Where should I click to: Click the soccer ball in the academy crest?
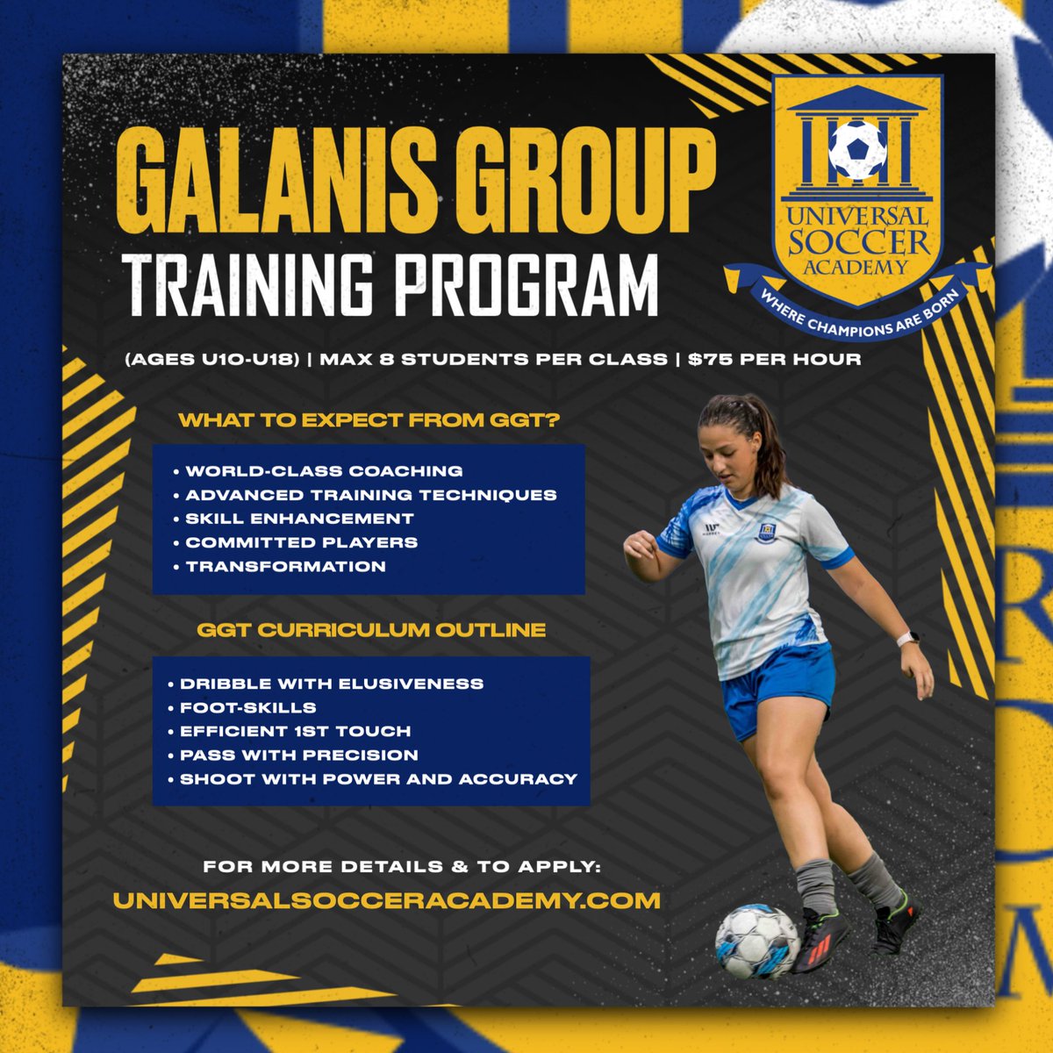point(857,150)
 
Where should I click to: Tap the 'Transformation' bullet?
point(286,566)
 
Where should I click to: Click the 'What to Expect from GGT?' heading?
point(369,420)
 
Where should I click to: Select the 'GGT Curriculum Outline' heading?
point(371,630)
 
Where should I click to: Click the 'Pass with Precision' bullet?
point(299,755)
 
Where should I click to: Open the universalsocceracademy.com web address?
point(386,900)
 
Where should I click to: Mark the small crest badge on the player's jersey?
point(766,531)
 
